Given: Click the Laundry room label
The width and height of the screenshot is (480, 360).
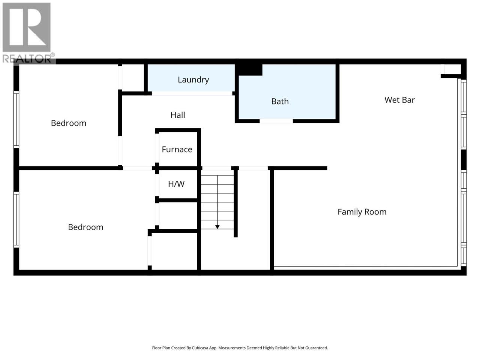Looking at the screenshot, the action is (193, 80).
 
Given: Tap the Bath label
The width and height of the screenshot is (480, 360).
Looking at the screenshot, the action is (280, 101).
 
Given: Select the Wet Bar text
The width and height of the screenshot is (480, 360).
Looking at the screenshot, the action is (399, 100).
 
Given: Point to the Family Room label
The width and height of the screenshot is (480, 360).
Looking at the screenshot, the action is (362, 212).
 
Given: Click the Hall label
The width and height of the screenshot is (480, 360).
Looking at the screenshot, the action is (178, 115).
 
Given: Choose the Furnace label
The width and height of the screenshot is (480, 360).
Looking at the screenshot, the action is (177, 150).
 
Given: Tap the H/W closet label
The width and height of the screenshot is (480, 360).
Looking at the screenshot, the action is (176, 184).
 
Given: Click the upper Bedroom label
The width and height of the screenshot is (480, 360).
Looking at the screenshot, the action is (69, 123).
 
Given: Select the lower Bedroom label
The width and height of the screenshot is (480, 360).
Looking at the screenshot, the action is (85, 227).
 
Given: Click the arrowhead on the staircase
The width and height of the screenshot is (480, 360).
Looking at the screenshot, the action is (217, 227).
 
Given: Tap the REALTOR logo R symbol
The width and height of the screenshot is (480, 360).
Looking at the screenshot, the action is (27, 27).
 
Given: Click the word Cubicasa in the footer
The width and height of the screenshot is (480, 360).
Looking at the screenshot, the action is (200, 348).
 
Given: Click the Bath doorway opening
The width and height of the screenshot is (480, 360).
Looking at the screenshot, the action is (276, 121).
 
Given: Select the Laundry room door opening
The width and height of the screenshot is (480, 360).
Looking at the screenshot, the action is (192, 93).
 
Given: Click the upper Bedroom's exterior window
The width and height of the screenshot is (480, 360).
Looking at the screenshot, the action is (16, 119).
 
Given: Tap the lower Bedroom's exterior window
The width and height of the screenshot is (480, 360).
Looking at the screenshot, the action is (16, 220).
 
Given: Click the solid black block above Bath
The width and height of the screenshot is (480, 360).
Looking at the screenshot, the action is (249, 70).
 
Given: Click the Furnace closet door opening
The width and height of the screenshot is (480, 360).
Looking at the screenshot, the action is (157, 148).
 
